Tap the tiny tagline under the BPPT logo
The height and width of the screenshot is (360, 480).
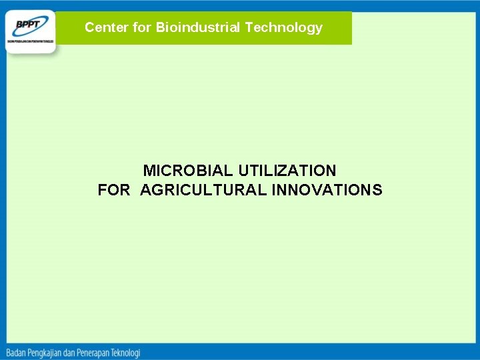(31, 41)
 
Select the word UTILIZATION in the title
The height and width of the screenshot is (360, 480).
(287, 171)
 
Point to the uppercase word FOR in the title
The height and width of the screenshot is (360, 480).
(114, 191)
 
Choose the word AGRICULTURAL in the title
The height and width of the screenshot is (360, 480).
(204, 191)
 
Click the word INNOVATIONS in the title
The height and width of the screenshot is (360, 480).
(327, 191)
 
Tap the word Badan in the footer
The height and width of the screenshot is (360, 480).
(17, 352)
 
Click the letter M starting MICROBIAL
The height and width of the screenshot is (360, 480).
(149, 171)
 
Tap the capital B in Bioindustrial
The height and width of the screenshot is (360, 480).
(160, 28)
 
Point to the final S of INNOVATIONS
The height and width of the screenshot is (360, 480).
(378, 191)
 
